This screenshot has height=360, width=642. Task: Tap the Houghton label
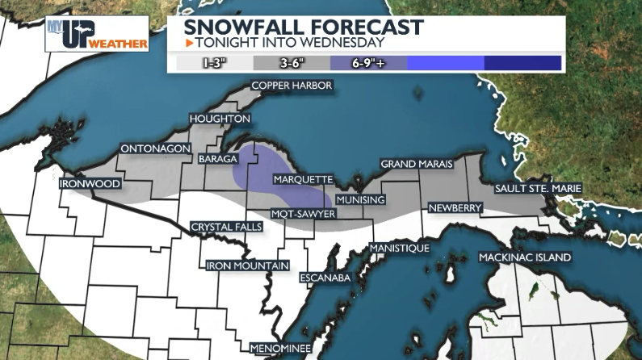219,119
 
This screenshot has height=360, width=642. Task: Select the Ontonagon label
154,149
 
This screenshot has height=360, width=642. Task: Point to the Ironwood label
90,184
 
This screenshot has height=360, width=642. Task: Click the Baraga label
217,160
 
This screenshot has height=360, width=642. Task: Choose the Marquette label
303,178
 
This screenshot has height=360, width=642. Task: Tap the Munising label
360,199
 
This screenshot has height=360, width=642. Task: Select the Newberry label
455,208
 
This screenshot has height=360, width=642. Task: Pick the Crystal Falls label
225,227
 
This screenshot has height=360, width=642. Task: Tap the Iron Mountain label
248,266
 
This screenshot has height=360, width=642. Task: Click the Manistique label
400,248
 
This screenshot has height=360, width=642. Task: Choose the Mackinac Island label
525,257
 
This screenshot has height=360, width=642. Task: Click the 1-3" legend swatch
214,62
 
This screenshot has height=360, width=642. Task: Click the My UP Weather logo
97,34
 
